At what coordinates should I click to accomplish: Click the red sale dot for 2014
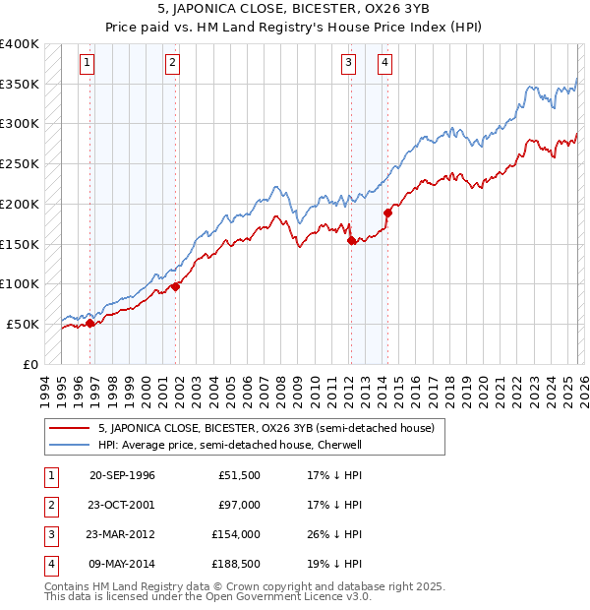click(x=387, y=212)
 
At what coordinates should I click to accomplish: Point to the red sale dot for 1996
click(x=90, y=322)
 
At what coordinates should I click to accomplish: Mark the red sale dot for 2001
click(x=176, y=286)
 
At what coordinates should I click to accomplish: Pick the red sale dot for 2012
click(x=352, y=240)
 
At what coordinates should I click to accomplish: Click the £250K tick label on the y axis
click(x=19, y=164)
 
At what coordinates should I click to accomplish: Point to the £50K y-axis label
click(x=23, y=324)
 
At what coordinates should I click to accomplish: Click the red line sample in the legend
click(x=70, y=428)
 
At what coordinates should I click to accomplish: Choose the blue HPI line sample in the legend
click(x=70, y=445)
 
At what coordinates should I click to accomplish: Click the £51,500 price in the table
click(x=239, y=476)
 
